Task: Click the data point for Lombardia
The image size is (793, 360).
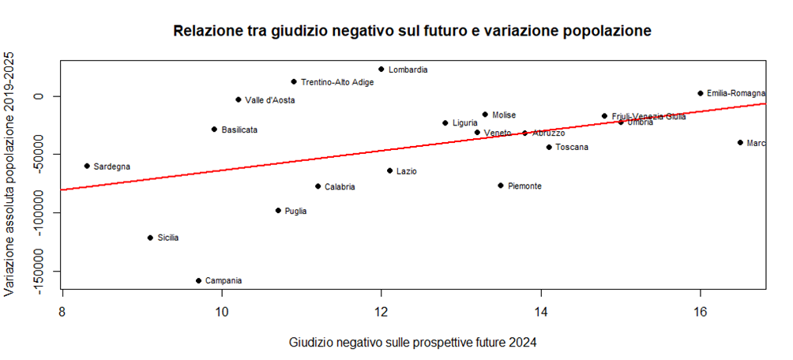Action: click(x=381, y=69)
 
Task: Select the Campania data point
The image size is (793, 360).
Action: click(x=198, y=280)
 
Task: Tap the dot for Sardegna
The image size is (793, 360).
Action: click(x=87, y=166)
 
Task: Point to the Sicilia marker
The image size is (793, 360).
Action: click(x=150, y=238)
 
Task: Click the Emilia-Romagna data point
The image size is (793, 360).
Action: click(x=700, y=93)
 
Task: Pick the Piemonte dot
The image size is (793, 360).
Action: click(x=501, y=186)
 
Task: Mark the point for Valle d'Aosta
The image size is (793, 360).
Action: click(x=238, y=99)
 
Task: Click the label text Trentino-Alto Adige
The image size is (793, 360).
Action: click(x=337, y=82)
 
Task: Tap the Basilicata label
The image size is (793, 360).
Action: click(x=239, y=129)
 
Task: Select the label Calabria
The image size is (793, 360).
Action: click(x=340, y=187)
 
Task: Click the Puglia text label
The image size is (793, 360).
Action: click(x=295, y=211)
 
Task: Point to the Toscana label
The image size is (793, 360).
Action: click(x=572, y=148)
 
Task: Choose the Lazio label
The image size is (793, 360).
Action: click(x=407, y=171)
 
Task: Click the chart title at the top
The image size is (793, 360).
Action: click(x=412, y=32)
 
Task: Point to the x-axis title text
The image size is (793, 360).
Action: click(x=413, y=343)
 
